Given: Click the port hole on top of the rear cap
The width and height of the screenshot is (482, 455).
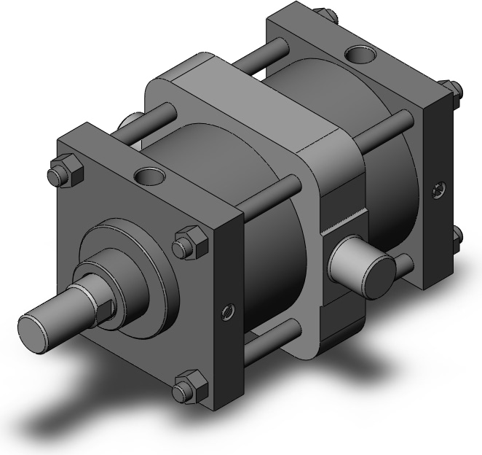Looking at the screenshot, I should [359, 53].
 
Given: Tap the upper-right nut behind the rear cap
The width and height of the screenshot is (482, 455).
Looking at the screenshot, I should [452, 89].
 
